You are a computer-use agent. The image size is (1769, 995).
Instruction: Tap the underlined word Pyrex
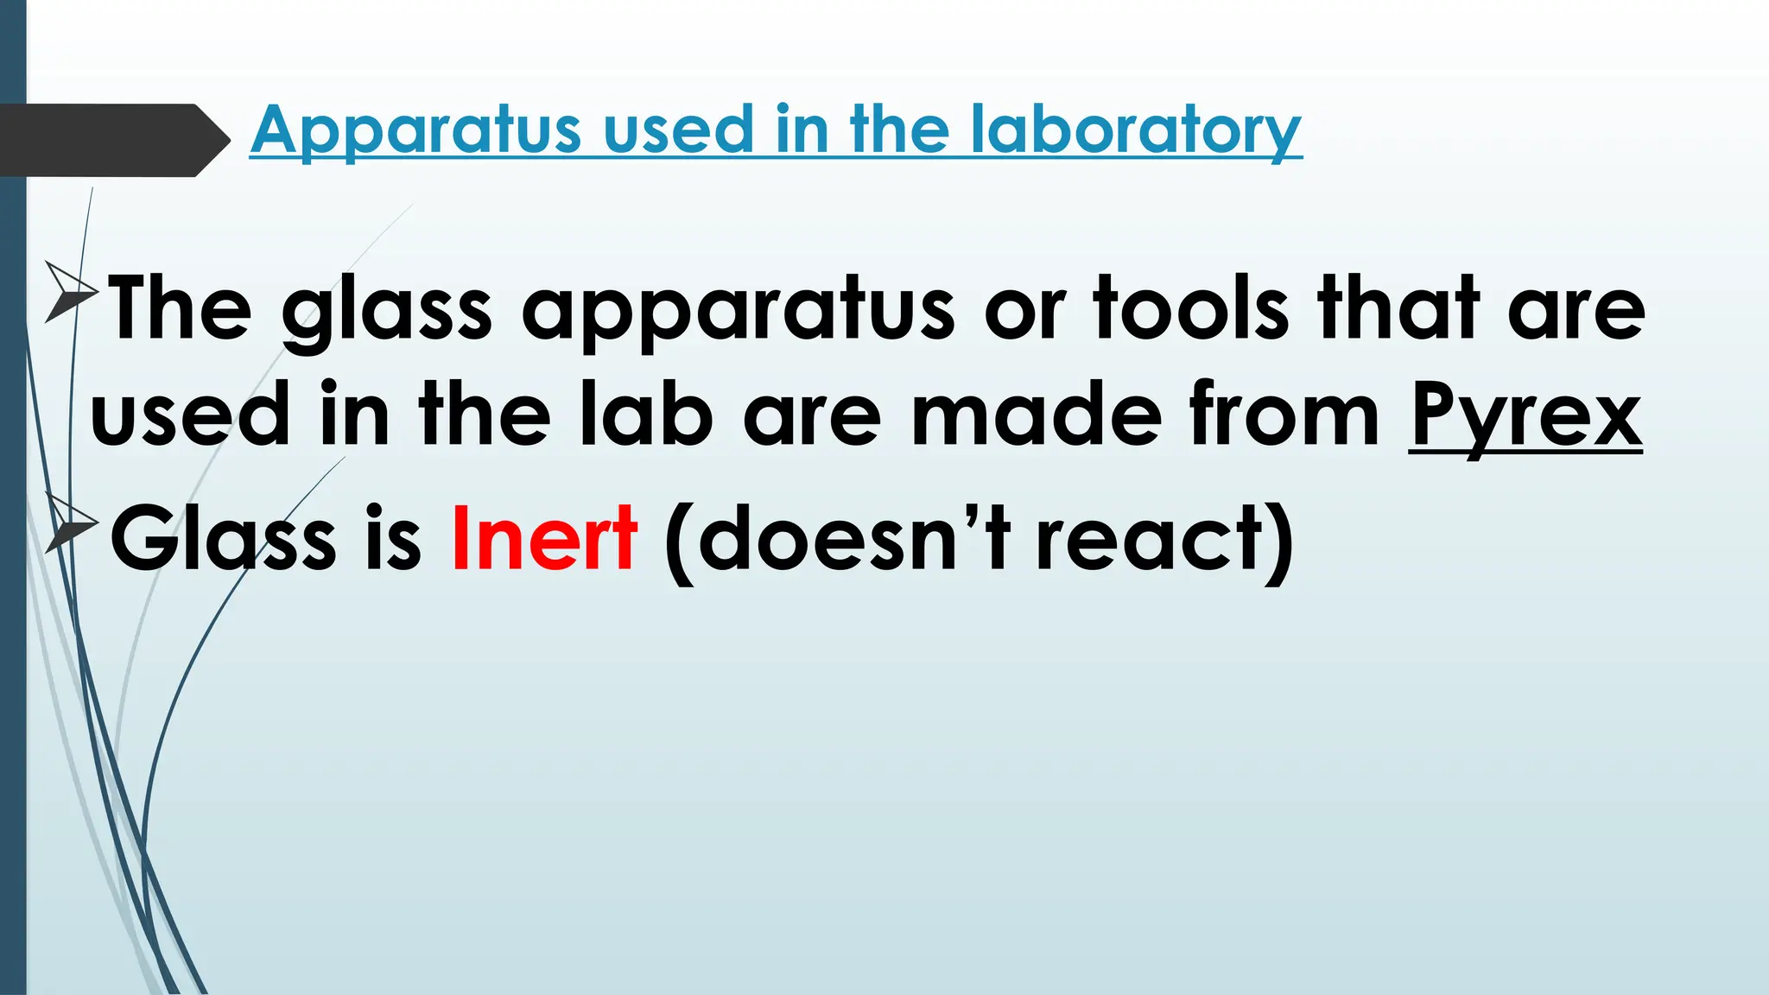(x=1525, y=416)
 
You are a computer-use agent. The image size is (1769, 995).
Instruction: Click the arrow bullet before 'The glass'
(x=69, y=291)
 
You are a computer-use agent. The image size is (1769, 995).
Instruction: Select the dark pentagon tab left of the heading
(x=108, y=140)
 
